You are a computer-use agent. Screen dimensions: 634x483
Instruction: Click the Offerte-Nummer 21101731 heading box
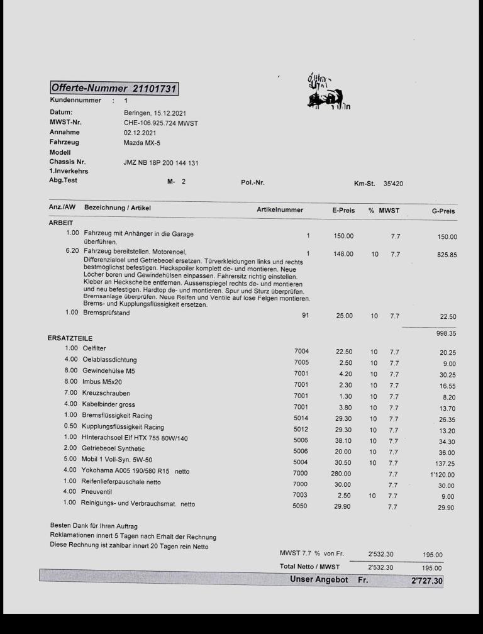[x=114, y=89]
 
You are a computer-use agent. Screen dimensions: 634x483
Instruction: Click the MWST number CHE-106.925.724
[x=161, y=123]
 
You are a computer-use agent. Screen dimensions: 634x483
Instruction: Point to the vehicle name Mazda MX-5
[x=142, y=143]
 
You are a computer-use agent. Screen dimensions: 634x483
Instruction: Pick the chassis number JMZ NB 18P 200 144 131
[x=161, y=163]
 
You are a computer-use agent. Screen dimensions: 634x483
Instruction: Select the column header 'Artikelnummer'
[x=280, y=209]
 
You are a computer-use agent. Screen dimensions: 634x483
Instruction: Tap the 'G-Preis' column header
[x=443, y=211]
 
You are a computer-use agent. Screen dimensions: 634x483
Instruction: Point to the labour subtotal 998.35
[x=444, y=334]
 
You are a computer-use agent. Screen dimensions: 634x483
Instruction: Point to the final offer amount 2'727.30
[x=426, y=581]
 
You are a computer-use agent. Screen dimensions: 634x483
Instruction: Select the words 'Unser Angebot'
[x=319, y=579]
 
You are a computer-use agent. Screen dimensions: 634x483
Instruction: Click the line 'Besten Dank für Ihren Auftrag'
[x=94, y=526]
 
